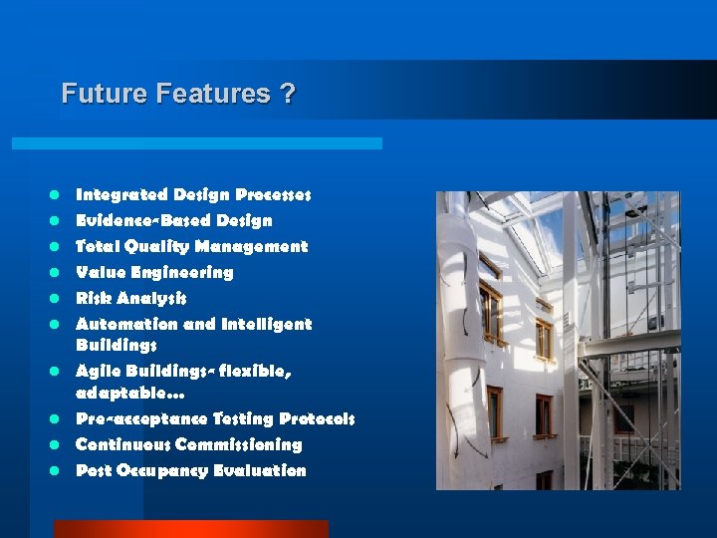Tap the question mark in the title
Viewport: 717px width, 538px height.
coord(288,94)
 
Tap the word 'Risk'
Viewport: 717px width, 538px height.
coord(94,298)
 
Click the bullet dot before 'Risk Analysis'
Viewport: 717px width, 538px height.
coord(59,299)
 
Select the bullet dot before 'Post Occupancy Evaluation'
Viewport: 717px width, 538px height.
coord(59,471)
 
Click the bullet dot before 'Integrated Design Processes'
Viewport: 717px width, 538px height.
coord(59,195)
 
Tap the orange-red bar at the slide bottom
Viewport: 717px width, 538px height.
coord(190,529)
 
